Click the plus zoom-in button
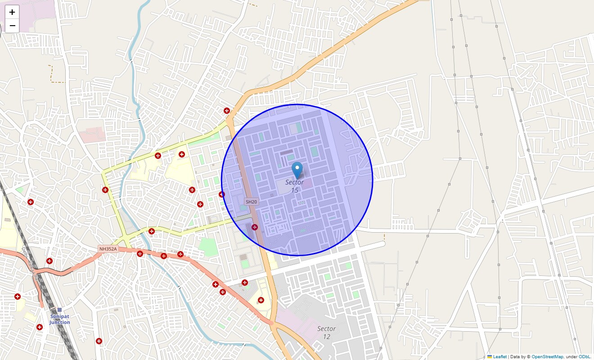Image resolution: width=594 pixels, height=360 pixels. (12, 12)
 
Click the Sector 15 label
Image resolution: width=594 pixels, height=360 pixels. (295, 186)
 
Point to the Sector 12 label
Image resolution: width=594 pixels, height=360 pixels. (327, 333)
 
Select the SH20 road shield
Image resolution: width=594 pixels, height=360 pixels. (251, 202)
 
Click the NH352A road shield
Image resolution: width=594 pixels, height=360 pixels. (108, 249)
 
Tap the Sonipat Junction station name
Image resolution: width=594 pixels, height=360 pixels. (60, 319)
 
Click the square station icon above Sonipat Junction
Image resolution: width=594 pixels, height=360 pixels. (60, 310)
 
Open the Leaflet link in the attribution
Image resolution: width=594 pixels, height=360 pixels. (499, 356)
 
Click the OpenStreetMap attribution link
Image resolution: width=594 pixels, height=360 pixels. (547, 356)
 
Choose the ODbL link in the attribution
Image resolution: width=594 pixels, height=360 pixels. (585, 356)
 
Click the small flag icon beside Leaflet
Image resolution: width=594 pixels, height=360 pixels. (490, 356)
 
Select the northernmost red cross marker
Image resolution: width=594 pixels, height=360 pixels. (227, 111)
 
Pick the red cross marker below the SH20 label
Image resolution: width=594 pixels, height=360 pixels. (255, 227)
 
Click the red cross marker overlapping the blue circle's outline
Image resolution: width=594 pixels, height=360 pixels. (222, 194)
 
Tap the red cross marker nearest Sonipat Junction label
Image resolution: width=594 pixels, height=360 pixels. (40, 327)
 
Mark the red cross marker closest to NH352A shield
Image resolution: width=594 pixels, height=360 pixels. (140, 254)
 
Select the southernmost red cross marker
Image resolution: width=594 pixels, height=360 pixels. (99, 341)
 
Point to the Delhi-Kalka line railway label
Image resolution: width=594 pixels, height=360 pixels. (30, 263)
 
